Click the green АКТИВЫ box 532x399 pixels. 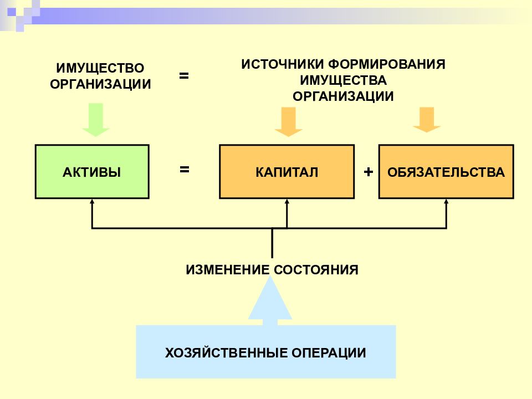pyautogui.click(x=92, y=172)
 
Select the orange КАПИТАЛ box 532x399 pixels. pyautogui.click(x=287, y=172)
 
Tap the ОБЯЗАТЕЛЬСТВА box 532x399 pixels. pyautogui.click(x=446, y=172)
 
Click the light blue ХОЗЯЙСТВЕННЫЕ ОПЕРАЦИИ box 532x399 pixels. pyautogui.click(x=265, y=352)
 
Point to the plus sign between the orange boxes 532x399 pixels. pyautogui.click(x=368, y=172)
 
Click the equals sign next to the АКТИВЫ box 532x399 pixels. pyautogui.click(x=184, y=169)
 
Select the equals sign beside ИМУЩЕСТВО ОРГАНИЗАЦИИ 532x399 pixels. pyautogui.click(x=184, y=75)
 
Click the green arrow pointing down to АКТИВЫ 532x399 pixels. pyautogui.click(x=96, y=120)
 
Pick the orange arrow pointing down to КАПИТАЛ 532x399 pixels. pyautogui.click(x=288, y=122)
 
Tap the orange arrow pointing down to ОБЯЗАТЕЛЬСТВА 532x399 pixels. pyautogui.click(x=427, y=120)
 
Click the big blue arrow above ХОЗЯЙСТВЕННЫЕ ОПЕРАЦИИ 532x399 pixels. pyautogui.click(x=270, y=300)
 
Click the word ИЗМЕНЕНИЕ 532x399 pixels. pyautogui.click(x=227, y=270)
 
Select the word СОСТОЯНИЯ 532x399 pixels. pyautogui.click(x=316, y=270)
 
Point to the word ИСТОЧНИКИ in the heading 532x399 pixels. pyautogui.click(x=282, y=64)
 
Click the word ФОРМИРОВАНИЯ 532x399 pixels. pyautogui.click(x=387, y=64)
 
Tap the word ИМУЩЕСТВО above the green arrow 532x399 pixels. pyautogui.click(x=100, y=68)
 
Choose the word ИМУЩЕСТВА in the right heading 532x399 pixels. pyautogui.click(x=344, y=80)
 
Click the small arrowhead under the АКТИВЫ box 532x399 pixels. pyautogui.click(x=91, y=202)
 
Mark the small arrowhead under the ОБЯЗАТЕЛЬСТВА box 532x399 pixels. pyautogui.click(x=446, y=202)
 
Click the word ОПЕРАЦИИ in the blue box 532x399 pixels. pyautogui.click(x=329, y=353)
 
